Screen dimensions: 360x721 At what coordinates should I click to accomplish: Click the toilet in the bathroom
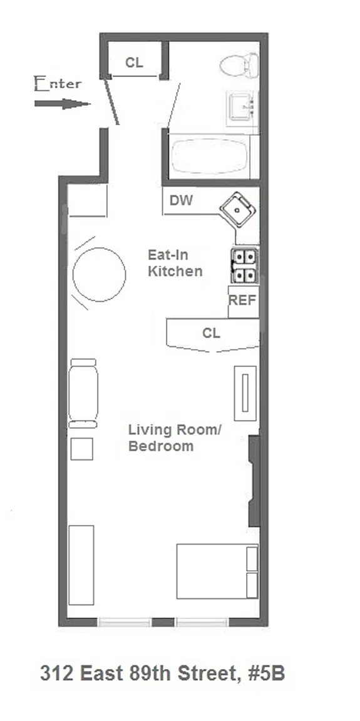point(239,65)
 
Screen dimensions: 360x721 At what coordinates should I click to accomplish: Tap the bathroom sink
point(242,106)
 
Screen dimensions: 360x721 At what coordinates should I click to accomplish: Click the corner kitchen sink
point(238,210)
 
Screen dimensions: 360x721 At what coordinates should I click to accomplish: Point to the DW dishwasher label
point(181,200)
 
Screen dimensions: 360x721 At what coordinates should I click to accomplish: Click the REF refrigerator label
point(242,300)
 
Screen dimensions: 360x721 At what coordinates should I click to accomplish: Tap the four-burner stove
point(244,266)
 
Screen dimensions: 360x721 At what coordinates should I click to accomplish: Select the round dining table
point(99,275)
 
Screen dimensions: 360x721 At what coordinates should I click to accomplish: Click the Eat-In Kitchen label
point(175,263)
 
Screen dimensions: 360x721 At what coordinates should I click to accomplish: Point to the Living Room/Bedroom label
point(175,438)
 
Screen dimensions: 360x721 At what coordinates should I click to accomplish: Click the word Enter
point(58,84)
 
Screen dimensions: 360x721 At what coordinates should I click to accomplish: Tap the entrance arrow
point(62,104)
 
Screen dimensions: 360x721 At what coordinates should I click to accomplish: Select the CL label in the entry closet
point(134,63)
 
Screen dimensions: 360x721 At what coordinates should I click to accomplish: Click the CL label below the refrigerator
point(211,333)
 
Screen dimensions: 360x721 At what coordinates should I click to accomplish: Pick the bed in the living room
point(217,571)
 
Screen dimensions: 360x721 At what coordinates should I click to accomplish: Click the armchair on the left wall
point(83,394)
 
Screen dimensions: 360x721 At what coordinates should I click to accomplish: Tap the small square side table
point(82,449)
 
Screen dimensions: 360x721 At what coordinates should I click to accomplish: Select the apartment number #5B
point(267,674)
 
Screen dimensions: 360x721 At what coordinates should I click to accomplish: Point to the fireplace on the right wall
point(254,481)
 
